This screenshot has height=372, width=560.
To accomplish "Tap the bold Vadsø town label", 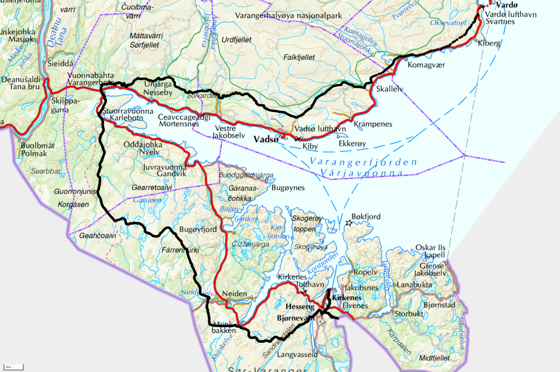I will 266,139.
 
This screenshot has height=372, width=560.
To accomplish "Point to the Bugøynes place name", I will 288,188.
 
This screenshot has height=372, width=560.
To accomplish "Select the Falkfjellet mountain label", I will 299,57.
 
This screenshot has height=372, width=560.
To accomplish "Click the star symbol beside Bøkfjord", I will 348,223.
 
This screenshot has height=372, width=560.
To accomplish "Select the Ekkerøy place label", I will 352,143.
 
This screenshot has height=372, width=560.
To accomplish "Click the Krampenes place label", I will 372,123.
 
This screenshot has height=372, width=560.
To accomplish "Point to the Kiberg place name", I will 489,43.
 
